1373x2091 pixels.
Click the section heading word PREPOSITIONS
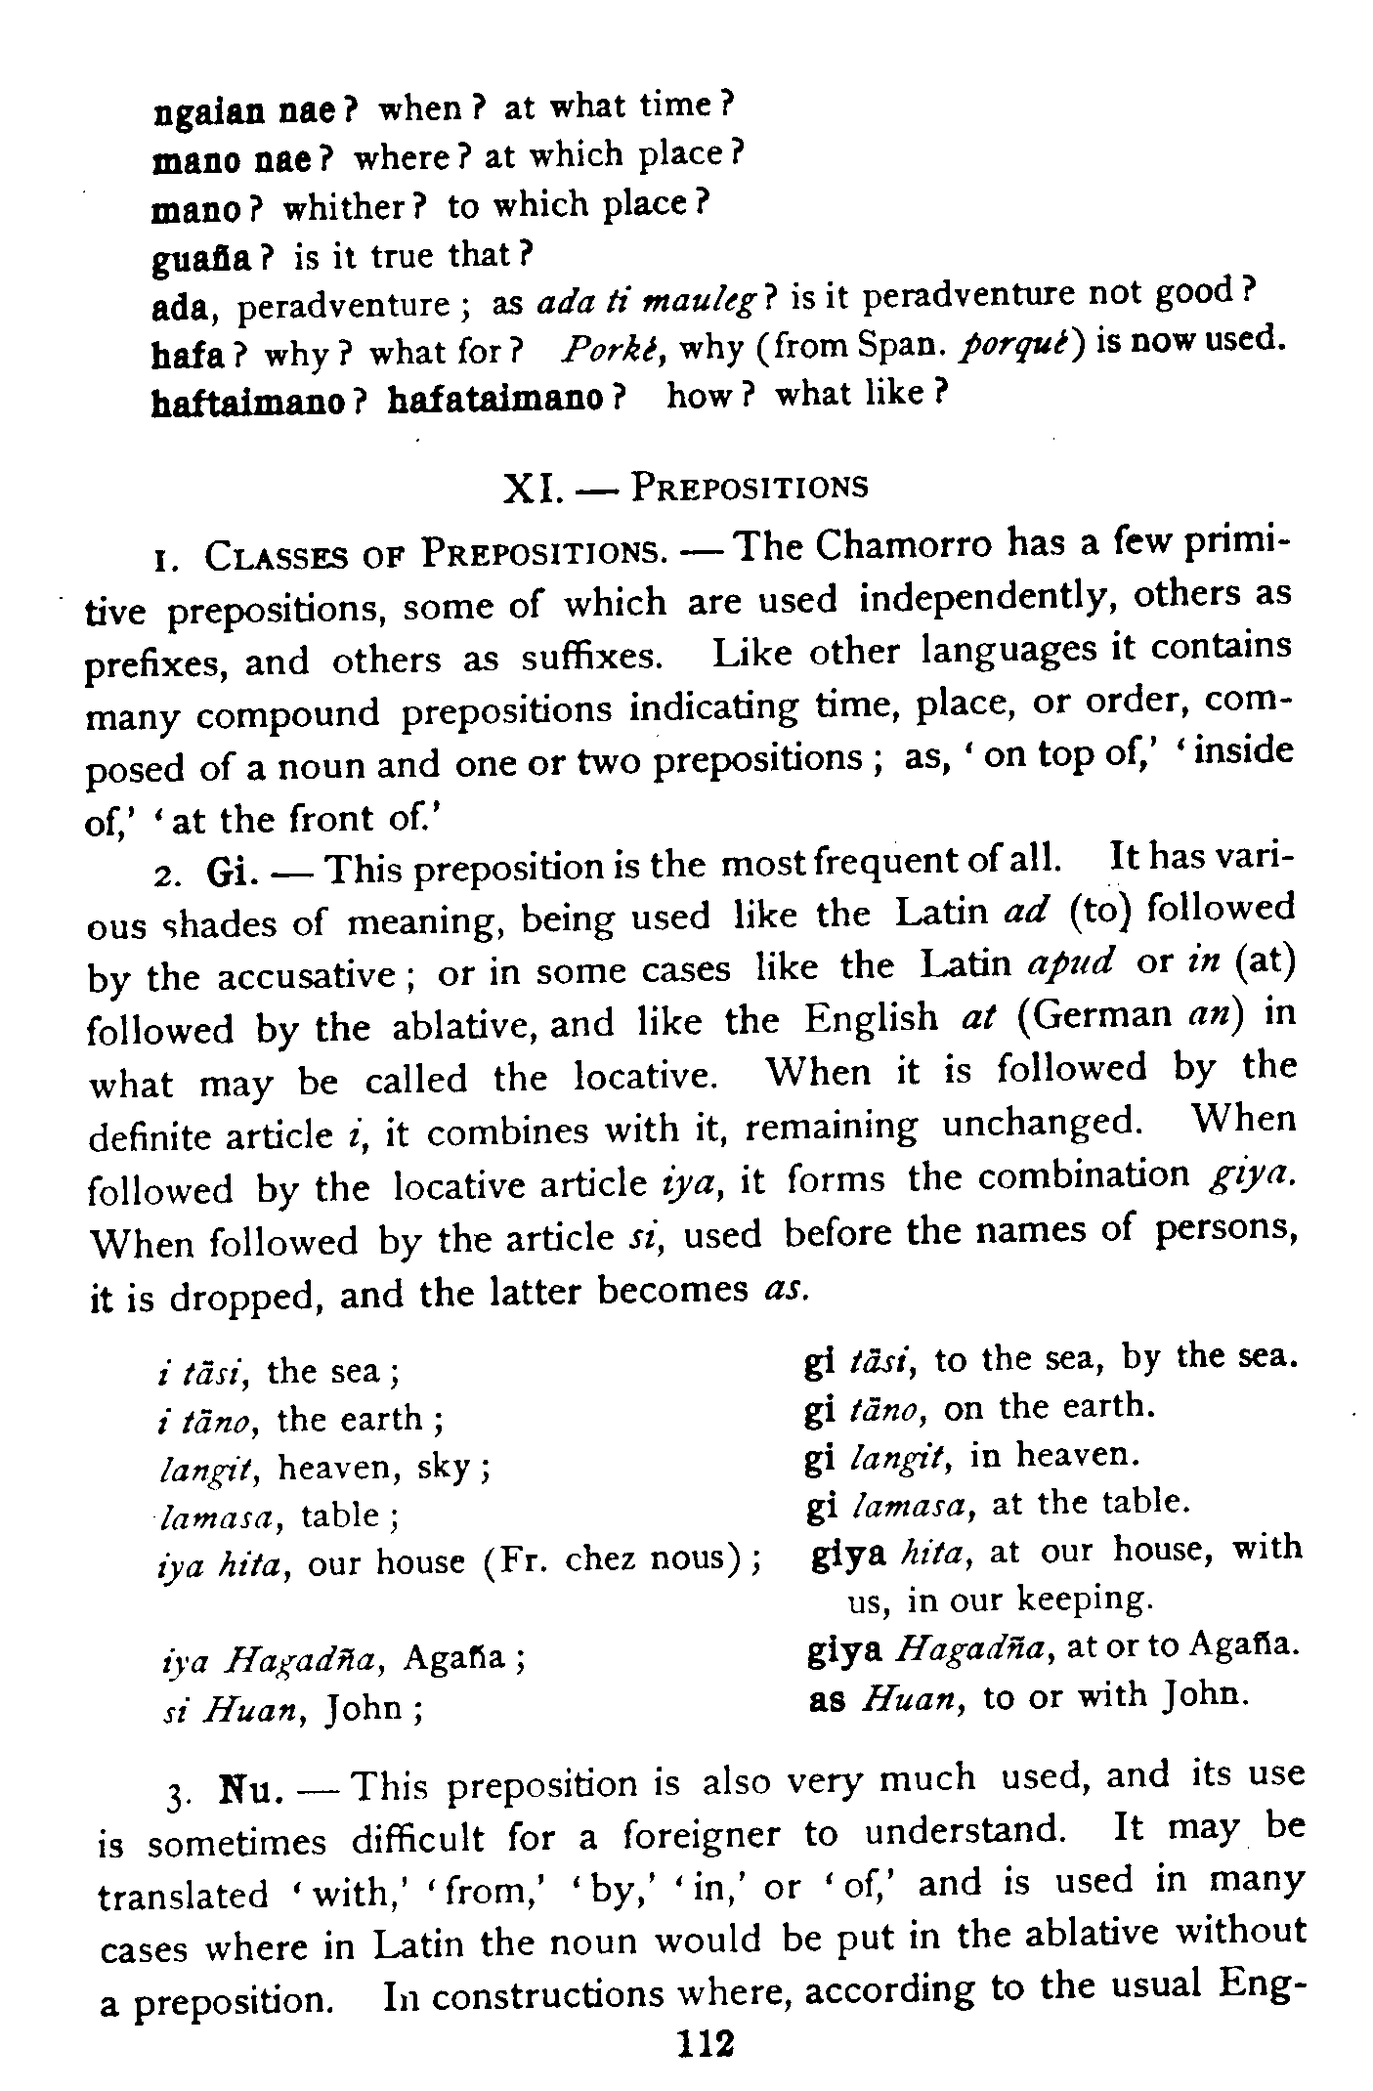point(750,486)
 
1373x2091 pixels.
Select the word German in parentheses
point(1101,1016)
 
